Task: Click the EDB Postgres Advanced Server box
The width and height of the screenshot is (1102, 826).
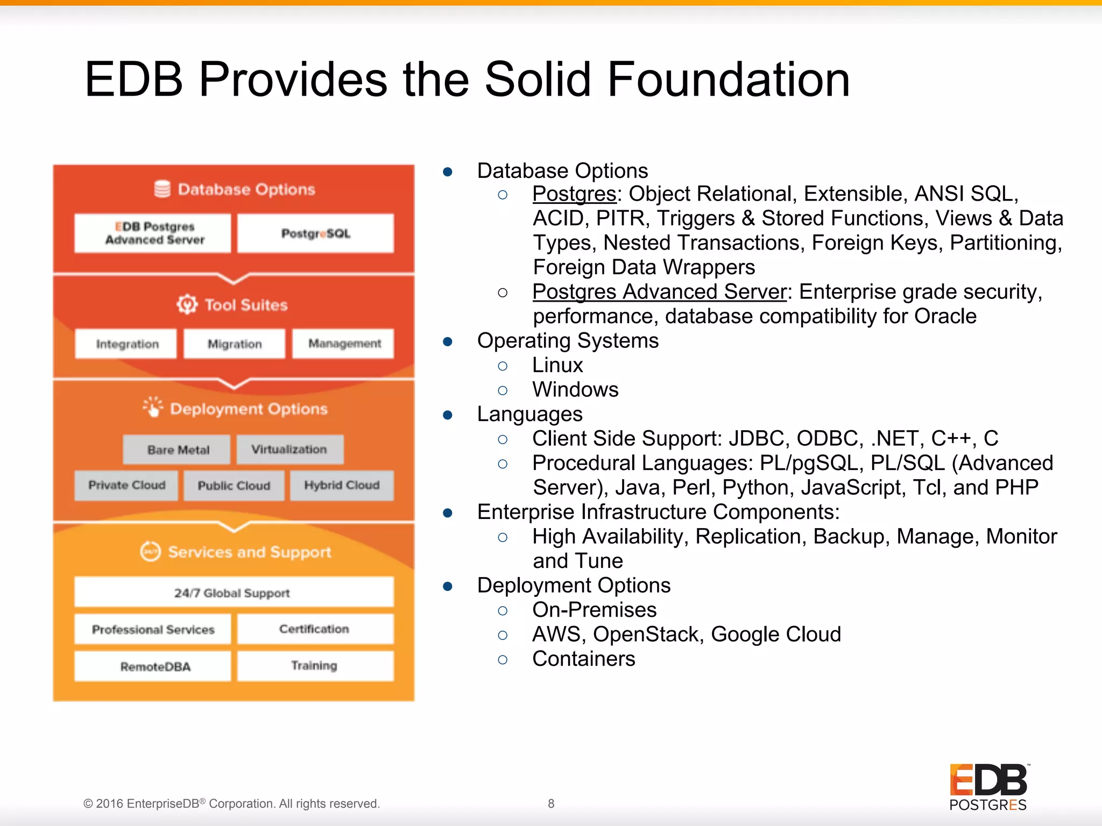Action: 153,233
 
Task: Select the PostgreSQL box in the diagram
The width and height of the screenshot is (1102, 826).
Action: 316,233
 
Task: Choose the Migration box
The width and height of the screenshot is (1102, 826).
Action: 234,344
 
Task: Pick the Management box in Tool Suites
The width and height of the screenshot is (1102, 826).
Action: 343,344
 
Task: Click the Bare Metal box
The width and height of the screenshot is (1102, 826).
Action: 177,450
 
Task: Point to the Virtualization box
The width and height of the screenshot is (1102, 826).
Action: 289,450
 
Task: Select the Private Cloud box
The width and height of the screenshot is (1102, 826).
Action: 126,486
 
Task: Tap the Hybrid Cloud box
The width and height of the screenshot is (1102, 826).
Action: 342,486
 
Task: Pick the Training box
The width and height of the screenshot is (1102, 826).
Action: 315,666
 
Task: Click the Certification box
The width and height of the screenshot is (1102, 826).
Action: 315,629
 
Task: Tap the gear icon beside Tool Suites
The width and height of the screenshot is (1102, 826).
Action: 187,304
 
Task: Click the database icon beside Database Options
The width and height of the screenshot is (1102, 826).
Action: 162,189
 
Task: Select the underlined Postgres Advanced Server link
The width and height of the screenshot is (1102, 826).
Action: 659,292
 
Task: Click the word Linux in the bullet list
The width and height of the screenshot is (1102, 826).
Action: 557,366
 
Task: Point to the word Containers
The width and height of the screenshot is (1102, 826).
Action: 584,659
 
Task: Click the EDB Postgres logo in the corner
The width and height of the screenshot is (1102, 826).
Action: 988,787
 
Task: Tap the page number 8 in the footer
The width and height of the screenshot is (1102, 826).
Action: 551,803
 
